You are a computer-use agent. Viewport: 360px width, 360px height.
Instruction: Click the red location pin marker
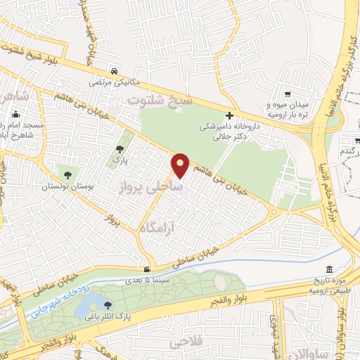point(181,165)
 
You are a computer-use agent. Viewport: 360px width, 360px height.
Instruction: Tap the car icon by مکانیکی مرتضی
point(114,71)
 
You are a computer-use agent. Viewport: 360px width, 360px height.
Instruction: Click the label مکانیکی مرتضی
point(114,82)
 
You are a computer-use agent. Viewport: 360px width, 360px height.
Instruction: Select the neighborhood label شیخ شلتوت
point(157,101)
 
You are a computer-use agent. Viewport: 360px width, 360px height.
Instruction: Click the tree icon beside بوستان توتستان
point(67,175)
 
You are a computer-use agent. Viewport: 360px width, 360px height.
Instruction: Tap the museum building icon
point(330,271)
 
